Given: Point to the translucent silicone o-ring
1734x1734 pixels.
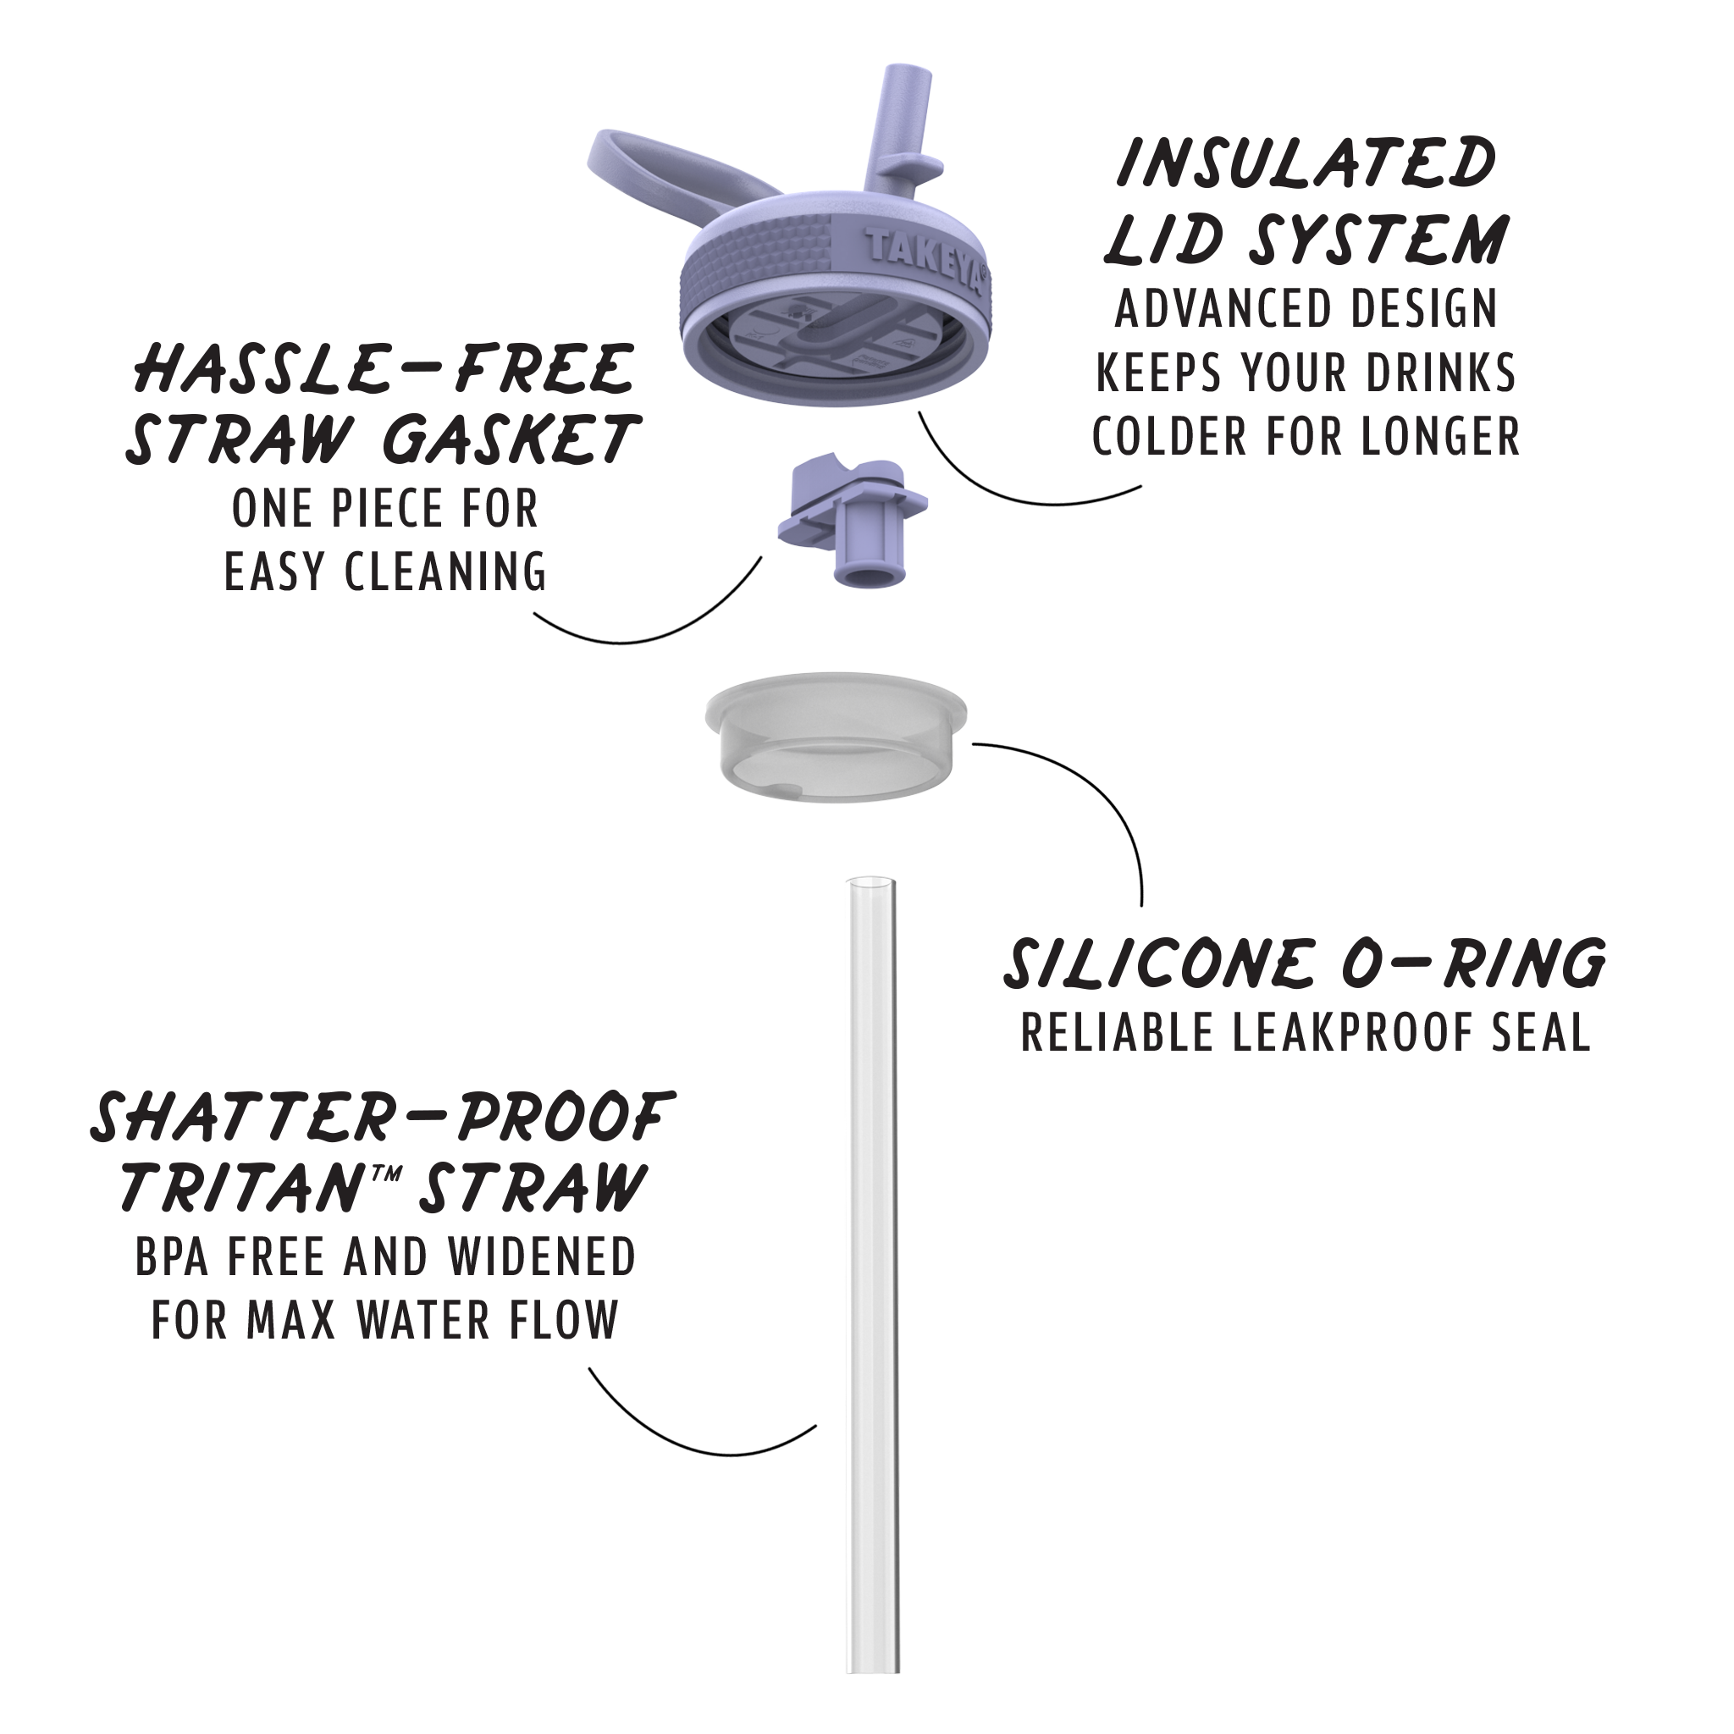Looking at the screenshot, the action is [837, 736].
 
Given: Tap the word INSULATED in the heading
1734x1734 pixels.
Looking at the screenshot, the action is [1306, 163].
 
